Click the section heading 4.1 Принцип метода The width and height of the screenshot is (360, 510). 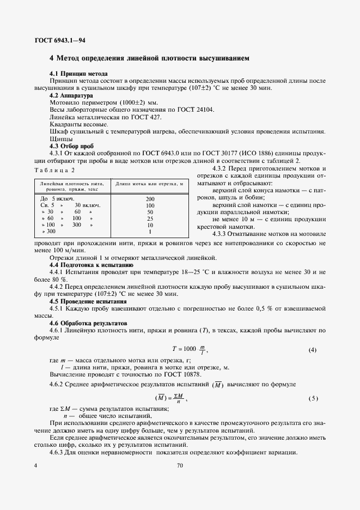78,74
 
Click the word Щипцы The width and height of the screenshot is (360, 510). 60,139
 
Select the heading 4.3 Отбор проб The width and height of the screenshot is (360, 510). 72,146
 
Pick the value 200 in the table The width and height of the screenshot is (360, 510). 150,199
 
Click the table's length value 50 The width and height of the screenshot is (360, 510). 150,212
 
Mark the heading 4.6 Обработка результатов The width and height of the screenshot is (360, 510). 88,323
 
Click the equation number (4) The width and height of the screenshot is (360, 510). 312,349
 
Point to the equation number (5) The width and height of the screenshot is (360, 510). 313,398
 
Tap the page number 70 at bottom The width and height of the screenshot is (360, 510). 180,465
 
